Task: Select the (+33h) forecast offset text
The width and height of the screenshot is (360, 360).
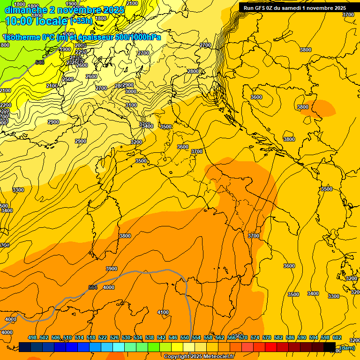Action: click(x=81, y=21)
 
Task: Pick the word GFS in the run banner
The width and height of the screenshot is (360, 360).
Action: click(x=262, y=8)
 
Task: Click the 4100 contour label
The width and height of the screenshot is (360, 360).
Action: click(x=163, y=312)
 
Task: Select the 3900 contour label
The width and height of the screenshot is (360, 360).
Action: click(x=112, y=269)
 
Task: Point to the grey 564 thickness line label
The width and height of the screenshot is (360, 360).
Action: click(x=93, y=287)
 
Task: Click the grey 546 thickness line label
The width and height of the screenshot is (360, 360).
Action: click(x=40, y=62)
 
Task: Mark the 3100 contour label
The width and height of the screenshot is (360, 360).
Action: click(x=131, y=105)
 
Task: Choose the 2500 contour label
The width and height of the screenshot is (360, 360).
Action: click(x=68, y=79)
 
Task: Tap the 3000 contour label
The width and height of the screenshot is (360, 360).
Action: click(x=131, y=91)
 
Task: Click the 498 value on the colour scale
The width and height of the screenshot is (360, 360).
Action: click(x=32, y=338)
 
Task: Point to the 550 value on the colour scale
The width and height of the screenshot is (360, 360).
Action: click(x=184, y=338)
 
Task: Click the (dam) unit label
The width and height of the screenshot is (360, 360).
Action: click(x=347, y=347)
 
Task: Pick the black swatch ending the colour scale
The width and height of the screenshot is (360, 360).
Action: click(x=330, y=347)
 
